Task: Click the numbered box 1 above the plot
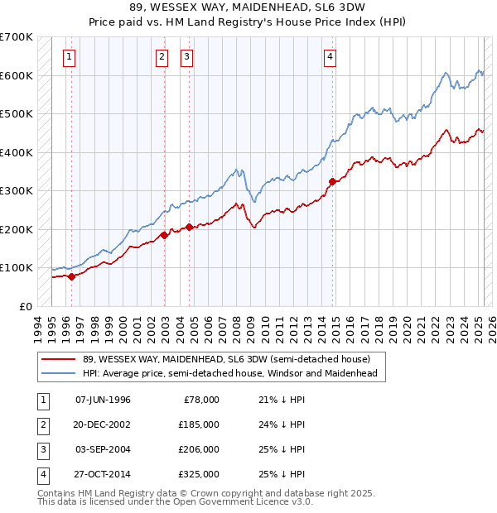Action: click(68, 57)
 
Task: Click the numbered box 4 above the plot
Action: click(330, 57)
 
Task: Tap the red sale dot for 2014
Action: click(332, 181)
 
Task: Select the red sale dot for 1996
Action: click(71, 276)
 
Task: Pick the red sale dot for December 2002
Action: click(164, 235)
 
